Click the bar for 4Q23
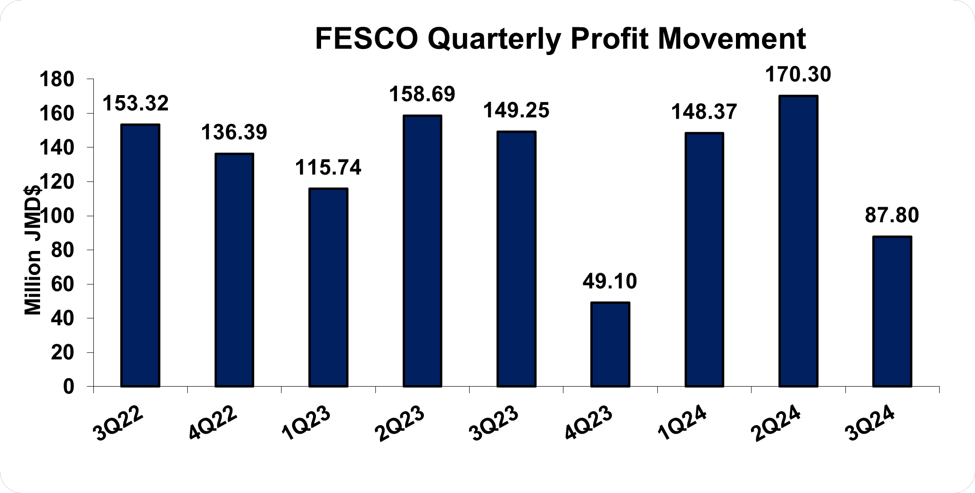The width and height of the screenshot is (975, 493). [x=610, y=344]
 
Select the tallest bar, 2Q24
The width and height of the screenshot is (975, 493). [x=798, y=241]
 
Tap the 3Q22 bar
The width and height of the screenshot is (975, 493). [x=140, y=255]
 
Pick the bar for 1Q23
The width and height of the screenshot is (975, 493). [x=328, y=287]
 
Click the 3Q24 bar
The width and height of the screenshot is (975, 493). [x=892, y=311]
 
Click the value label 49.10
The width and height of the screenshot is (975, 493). [x=610, y=282]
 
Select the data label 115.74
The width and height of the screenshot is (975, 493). [x=328, y=168]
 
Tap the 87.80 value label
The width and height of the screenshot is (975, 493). [x=892, y=216]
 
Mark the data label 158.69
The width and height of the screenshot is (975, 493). [x=422, y=95]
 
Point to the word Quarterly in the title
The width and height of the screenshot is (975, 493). [x=494, y=40]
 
